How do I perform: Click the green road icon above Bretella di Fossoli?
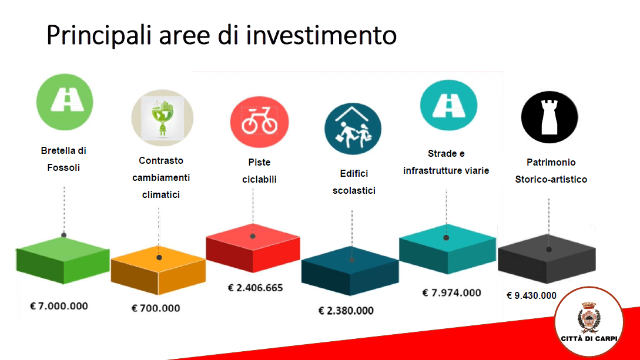tap(65, 102)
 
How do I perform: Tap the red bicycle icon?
tap(260, 122)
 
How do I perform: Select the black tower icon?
tap(549, 117)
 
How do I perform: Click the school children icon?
tap(353, 129)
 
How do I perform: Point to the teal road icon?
tap(448, 105)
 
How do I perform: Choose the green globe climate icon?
tap(162, 118)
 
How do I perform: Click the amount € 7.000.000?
tap(59, 306)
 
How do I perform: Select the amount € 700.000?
tap(156, 308)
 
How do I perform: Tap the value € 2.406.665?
tap(255, 288)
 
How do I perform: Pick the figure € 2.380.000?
tap(346, 311)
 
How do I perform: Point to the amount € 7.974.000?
tap(451, 292)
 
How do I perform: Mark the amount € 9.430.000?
tap(531, 295)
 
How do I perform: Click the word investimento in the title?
tap(321, 35)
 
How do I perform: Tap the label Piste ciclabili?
tap(260, 171)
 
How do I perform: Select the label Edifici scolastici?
tap(354, 182)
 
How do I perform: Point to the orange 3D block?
tap(158, 270)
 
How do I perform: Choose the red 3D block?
tap(253, 248)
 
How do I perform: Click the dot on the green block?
tap(63, 235)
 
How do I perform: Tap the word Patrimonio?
tap(551, 162)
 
